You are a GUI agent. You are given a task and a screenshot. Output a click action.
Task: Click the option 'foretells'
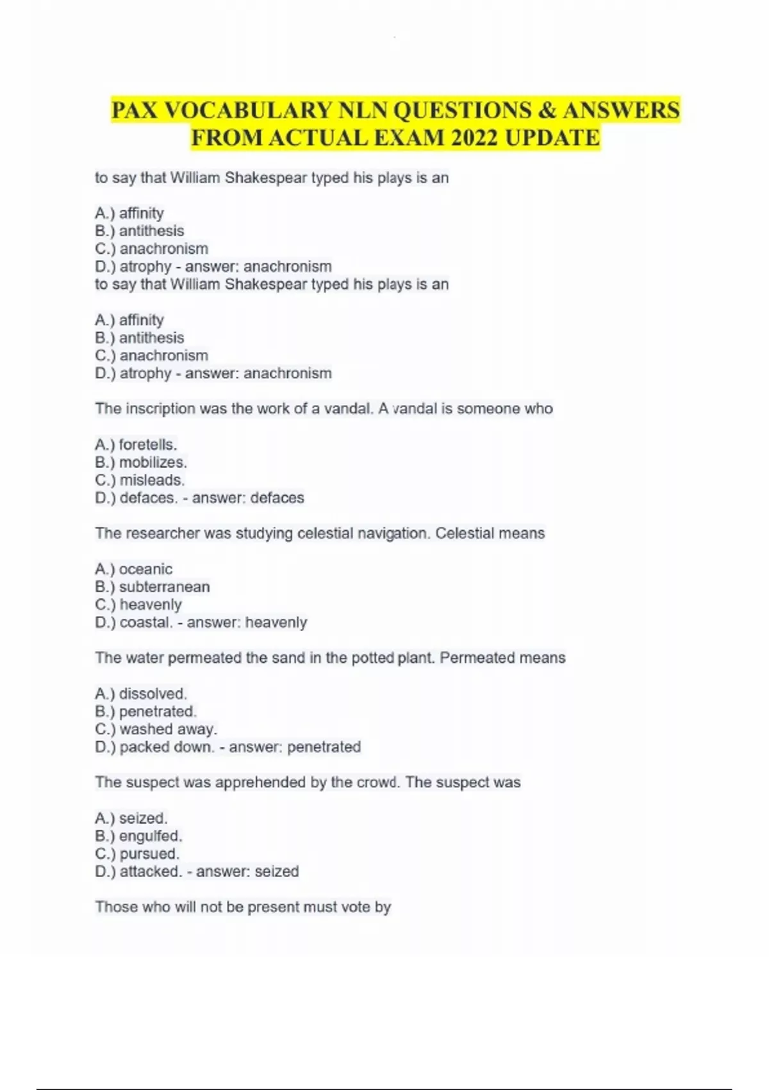tap(147, 444)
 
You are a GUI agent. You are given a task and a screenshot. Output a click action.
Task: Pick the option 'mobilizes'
tap(153, 462)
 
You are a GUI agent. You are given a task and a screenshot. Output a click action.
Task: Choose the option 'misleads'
tap(152, 480)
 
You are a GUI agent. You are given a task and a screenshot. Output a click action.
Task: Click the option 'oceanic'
tap(145, 569)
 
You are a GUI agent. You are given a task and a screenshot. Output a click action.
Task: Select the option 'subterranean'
tap(164, 587)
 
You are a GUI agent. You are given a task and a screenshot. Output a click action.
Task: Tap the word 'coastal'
tap(145, 623)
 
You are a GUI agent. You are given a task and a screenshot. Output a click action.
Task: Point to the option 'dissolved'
tap(153, 694)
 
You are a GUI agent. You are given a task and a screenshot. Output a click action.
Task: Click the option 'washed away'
tap(169, 729)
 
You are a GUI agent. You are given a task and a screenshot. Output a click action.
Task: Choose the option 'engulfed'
tap(151, 836)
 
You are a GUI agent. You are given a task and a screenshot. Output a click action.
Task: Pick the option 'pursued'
tap(149, 854)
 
